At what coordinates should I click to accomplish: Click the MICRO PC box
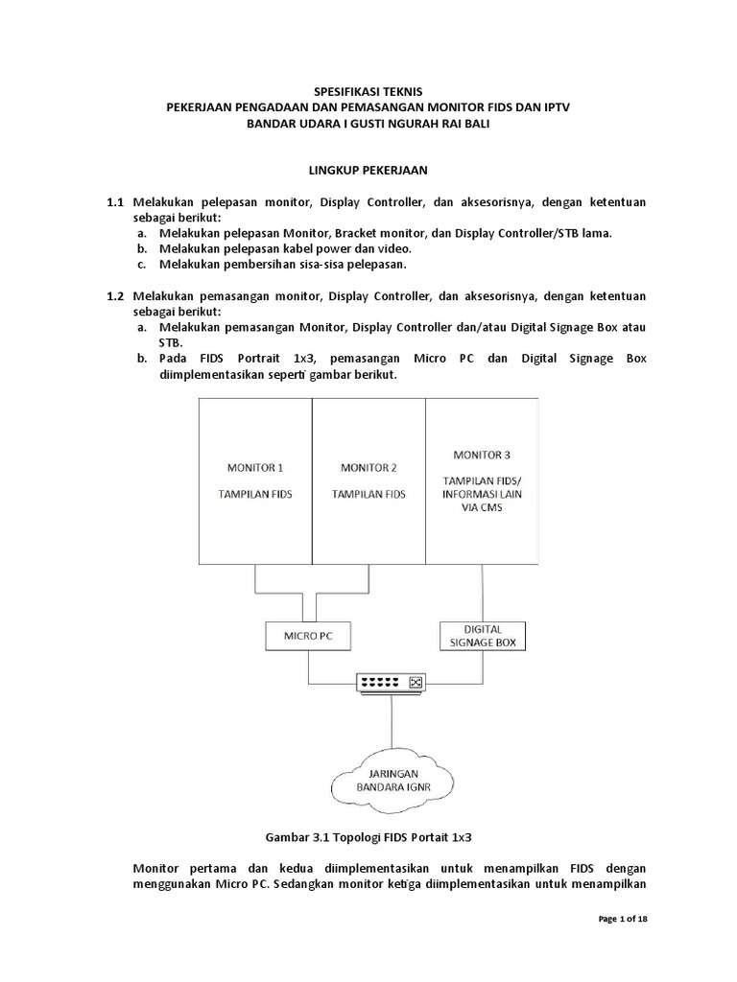click(308, 635)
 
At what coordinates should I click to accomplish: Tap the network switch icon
click(390, 683)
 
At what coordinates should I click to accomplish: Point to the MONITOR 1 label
click(254, 468)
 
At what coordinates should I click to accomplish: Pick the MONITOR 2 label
click(368, 468)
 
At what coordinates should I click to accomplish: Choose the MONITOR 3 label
click(483, 454)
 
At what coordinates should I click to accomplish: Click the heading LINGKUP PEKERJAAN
click(368, 170)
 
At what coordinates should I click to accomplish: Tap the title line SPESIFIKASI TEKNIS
click(368, 91)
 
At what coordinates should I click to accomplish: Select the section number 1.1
click(116, 202)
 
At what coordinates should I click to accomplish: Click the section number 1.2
click(116, 295)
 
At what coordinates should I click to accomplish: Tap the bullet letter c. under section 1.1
click(141, 264)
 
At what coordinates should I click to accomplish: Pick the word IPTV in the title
click(553, 108)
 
